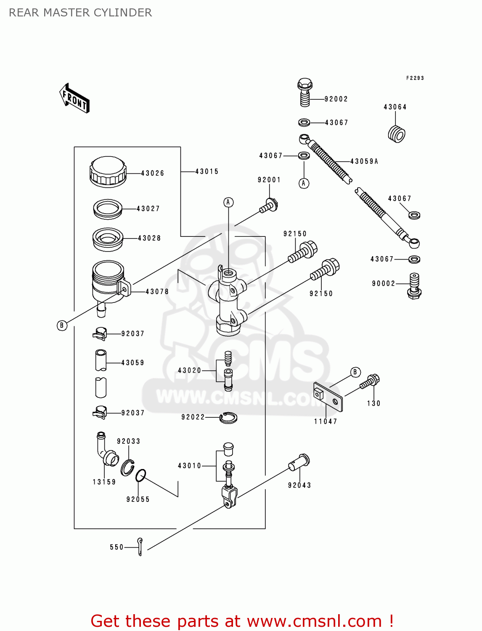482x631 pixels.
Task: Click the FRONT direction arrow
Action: point(74,98)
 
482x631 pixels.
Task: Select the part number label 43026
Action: point(152,173)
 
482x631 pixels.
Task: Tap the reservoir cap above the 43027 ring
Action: point(108,172)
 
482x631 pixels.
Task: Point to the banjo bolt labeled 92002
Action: point(304,92)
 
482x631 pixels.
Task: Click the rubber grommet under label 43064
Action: point(396,134)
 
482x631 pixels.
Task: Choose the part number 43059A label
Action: point(364,162)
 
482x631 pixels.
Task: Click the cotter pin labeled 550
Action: point(140,546)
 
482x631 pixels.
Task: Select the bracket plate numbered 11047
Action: point(328,397)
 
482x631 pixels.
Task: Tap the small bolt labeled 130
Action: point(370,382)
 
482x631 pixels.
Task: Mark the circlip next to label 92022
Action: point(228,417)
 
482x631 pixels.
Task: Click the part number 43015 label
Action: point(207,172)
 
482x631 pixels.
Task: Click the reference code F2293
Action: point(415,78)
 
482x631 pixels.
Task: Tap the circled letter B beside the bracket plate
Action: point(355,372)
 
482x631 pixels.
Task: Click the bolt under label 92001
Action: point(268,206)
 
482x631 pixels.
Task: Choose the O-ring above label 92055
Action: point(140,476)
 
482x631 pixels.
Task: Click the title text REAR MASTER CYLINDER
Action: point(80,13)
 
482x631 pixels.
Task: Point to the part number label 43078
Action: point(157,292)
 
